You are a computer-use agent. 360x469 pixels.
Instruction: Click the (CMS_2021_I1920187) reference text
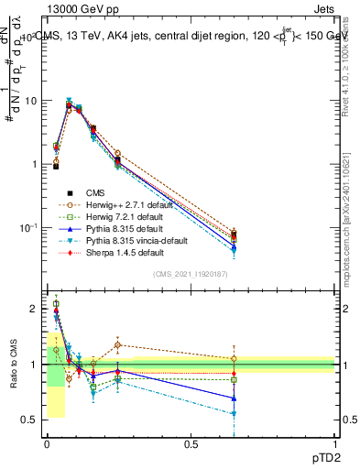(x=191, y=274)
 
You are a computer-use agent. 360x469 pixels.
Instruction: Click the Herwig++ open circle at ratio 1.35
(x=117, y=345)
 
